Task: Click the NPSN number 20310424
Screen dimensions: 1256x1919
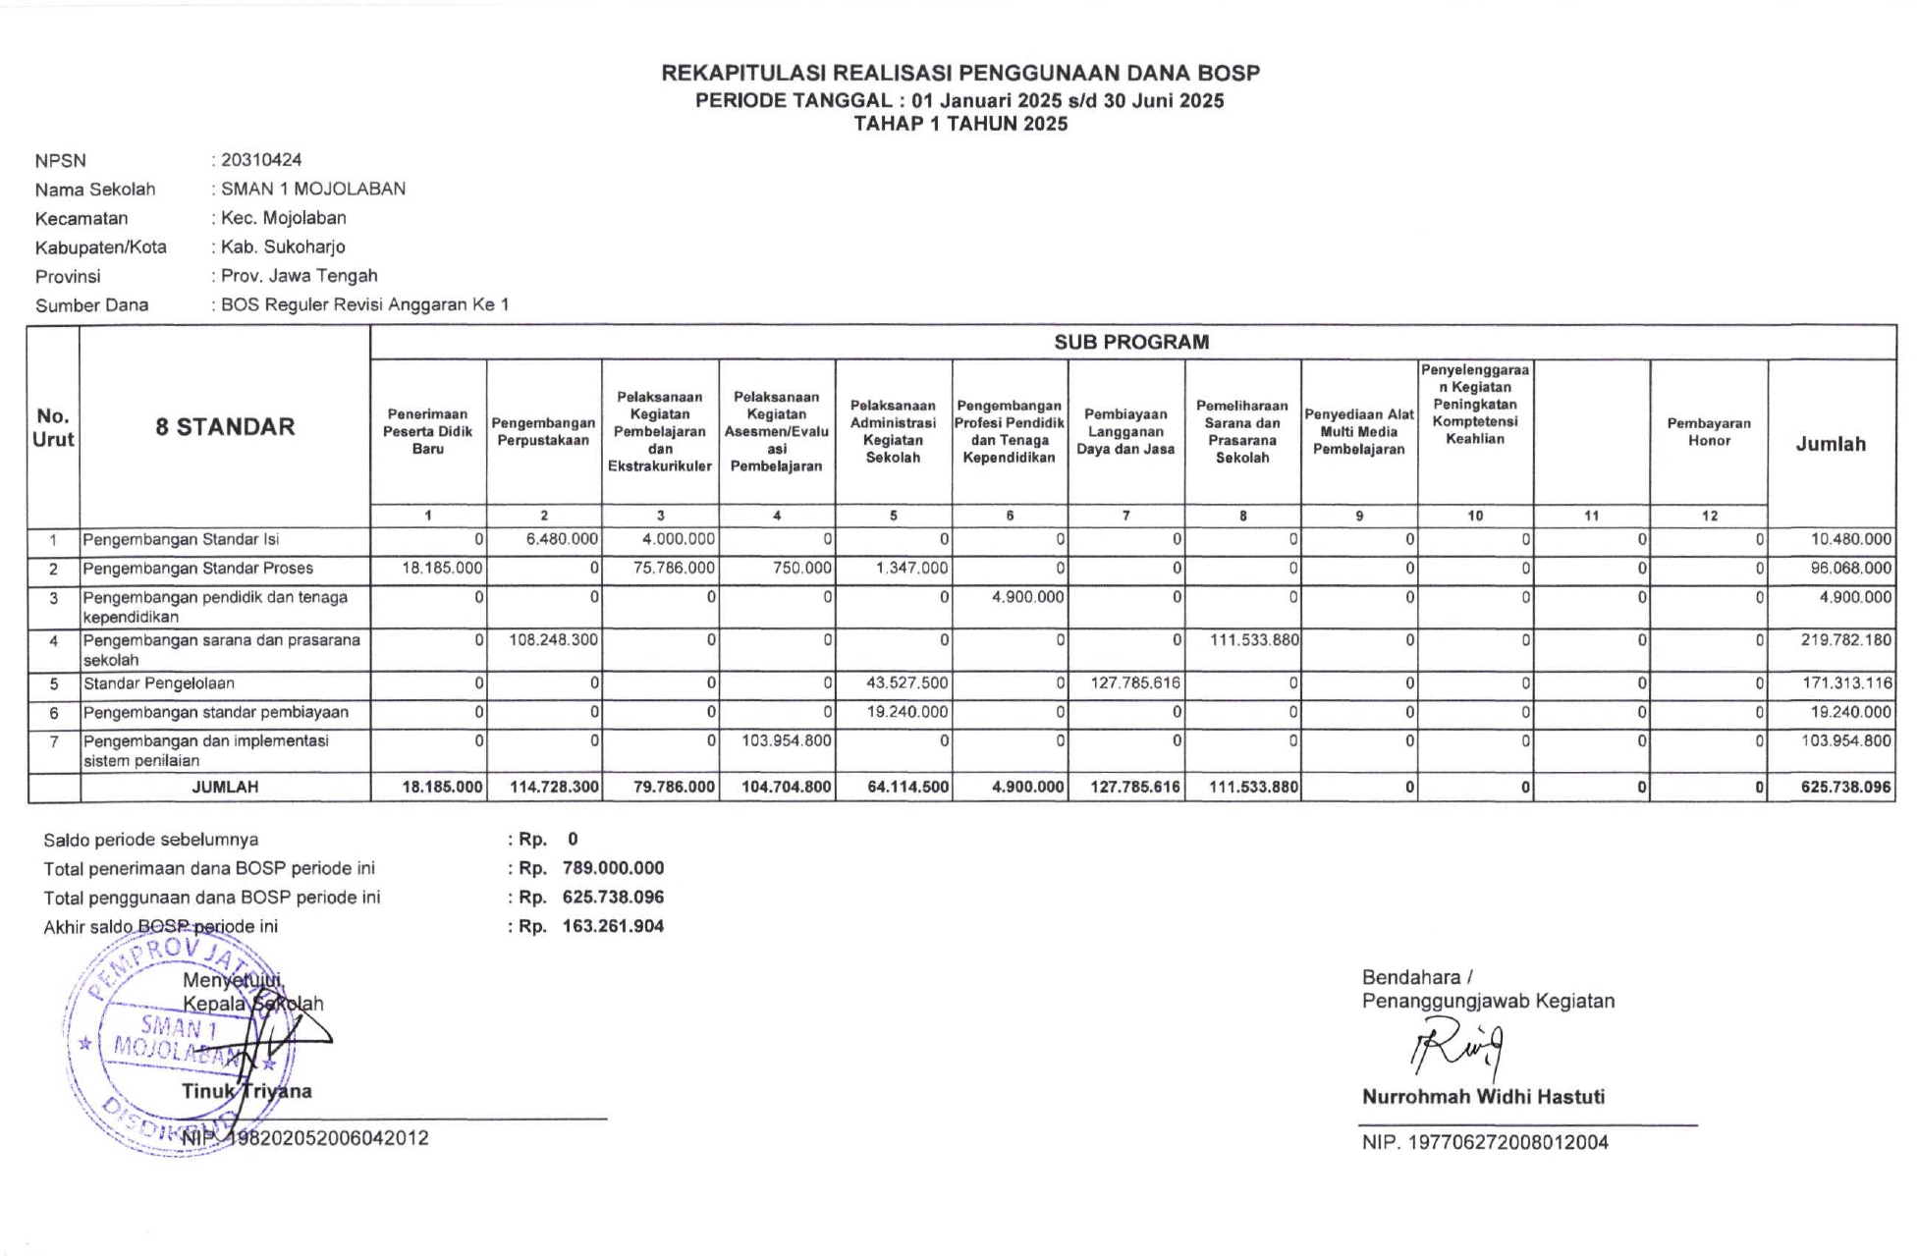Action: pyautogui.click(x=261, y=160)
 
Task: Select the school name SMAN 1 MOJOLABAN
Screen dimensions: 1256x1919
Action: pyautogui.click(x=312, y=189)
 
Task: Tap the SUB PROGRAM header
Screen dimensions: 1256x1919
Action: pyautogui.click(x=1131, y=342)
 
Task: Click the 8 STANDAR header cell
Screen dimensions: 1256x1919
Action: pyautogui.click(x=225, y=426)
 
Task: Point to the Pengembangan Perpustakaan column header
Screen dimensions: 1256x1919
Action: pyautogui.click(x=543, y=432)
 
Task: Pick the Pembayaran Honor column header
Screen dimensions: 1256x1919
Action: pyautogui.click(x=1709, y=432)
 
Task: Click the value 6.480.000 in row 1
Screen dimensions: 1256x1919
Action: pyautogui.click(x=562, y=539)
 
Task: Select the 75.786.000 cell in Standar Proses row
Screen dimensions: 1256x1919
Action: pyautogui.click(x=674, y=568)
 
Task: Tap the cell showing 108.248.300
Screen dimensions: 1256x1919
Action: pyautogui.click(x=554, y=640)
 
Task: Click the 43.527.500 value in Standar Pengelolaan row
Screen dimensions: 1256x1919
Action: pyautogui.click(x=907, y=683)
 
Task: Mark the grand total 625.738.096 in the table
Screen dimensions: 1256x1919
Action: pyautogui.click(x=1845, y=787)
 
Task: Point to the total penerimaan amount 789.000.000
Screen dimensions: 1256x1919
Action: pyautogui.click(x=613, y=868)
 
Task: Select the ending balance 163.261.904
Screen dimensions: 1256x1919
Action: pyautogui.click(x=613, y=926)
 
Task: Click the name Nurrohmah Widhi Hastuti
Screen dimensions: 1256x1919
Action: pyautogui.click(x=1483, y=1097)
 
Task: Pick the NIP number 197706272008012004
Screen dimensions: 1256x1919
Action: pyautogui.click(x=1508, y=1142)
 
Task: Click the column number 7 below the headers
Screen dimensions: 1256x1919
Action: pyautogui.click(x=1125, y=516)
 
